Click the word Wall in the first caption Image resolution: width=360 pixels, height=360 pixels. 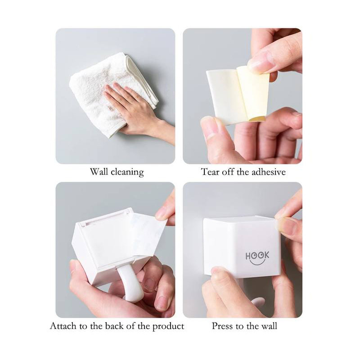coord(99,172)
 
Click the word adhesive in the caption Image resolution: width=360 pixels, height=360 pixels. coord(269,172)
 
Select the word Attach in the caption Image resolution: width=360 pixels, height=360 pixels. coord(63,326)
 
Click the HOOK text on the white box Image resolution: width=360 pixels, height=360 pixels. coord(257,256)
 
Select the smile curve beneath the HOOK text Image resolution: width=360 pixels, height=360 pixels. coord(257,263)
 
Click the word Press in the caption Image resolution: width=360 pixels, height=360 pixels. coord(222,326)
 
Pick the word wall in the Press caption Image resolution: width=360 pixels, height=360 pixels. coord(269,326)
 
